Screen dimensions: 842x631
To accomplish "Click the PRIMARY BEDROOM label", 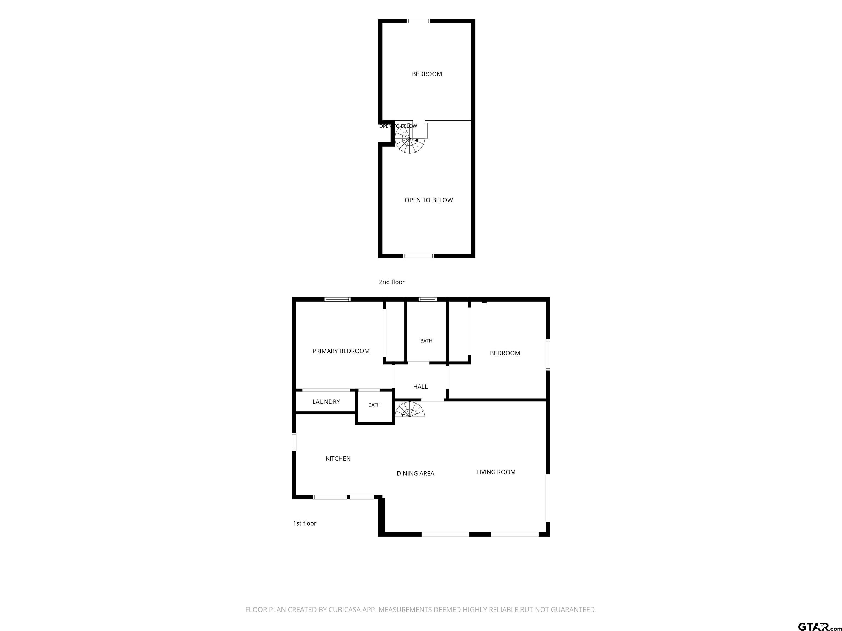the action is point(341,351).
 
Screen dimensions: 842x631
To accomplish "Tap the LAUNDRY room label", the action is point(326,402).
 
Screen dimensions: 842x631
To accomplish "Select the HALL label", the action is point(420,386).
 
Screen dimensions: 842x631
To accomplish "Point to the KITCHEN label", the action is point(338,459).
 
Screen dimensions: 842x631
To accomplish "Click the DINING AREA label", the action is point(415,474).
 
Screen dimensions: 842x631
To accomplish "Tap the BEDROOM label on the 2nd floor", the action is point(427,74).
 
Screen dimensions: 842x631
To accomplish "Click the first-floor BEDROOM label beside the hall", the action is point(505,353).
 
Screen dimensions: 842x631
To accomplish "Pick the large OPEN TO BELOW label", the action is point(429,200).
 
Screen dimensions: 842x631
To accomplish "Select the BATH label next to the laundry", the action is point(374,405).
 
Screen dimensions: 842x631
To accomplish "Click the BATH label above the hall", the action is point(426,341).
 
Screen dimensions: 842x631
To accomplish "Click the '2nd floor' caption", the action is point(392,282).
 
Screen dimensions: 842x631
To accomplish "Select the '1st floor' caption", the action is point(305,523).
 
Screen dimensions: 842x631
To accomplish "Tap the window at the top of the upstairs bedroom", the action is point(418,21).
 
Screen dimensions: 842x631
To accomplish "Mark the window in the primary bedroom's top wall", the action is point(337,299).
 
